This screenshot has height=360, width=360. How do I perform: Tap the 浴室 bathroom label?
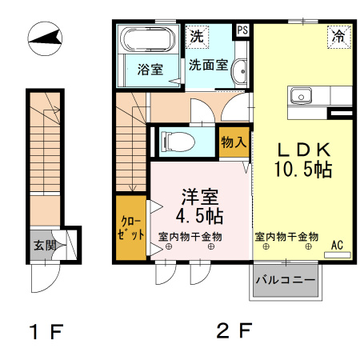click(150, 69)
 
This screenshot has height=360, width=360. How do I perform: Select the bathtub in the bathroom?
click(145, 40)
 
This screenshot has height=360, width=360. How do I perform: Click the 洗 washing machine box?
click(197, 36)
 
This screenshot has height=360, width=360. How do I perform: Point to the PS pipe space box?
click(242, 31)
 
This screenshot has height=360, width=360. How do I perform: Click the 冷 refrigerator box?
click(339, 36)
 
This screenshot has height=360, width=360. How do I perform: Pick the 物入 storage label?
click(233, 142)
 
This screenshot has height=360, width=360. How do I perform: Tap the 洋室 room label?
click(199, 196)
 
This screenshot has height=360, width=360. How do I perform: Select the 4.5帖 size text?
click(199, 215)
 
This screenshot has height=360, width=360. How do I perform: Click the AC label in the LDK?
click(337, 245)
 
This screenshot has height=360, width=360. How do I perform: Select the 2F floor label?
click(234, 330)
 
